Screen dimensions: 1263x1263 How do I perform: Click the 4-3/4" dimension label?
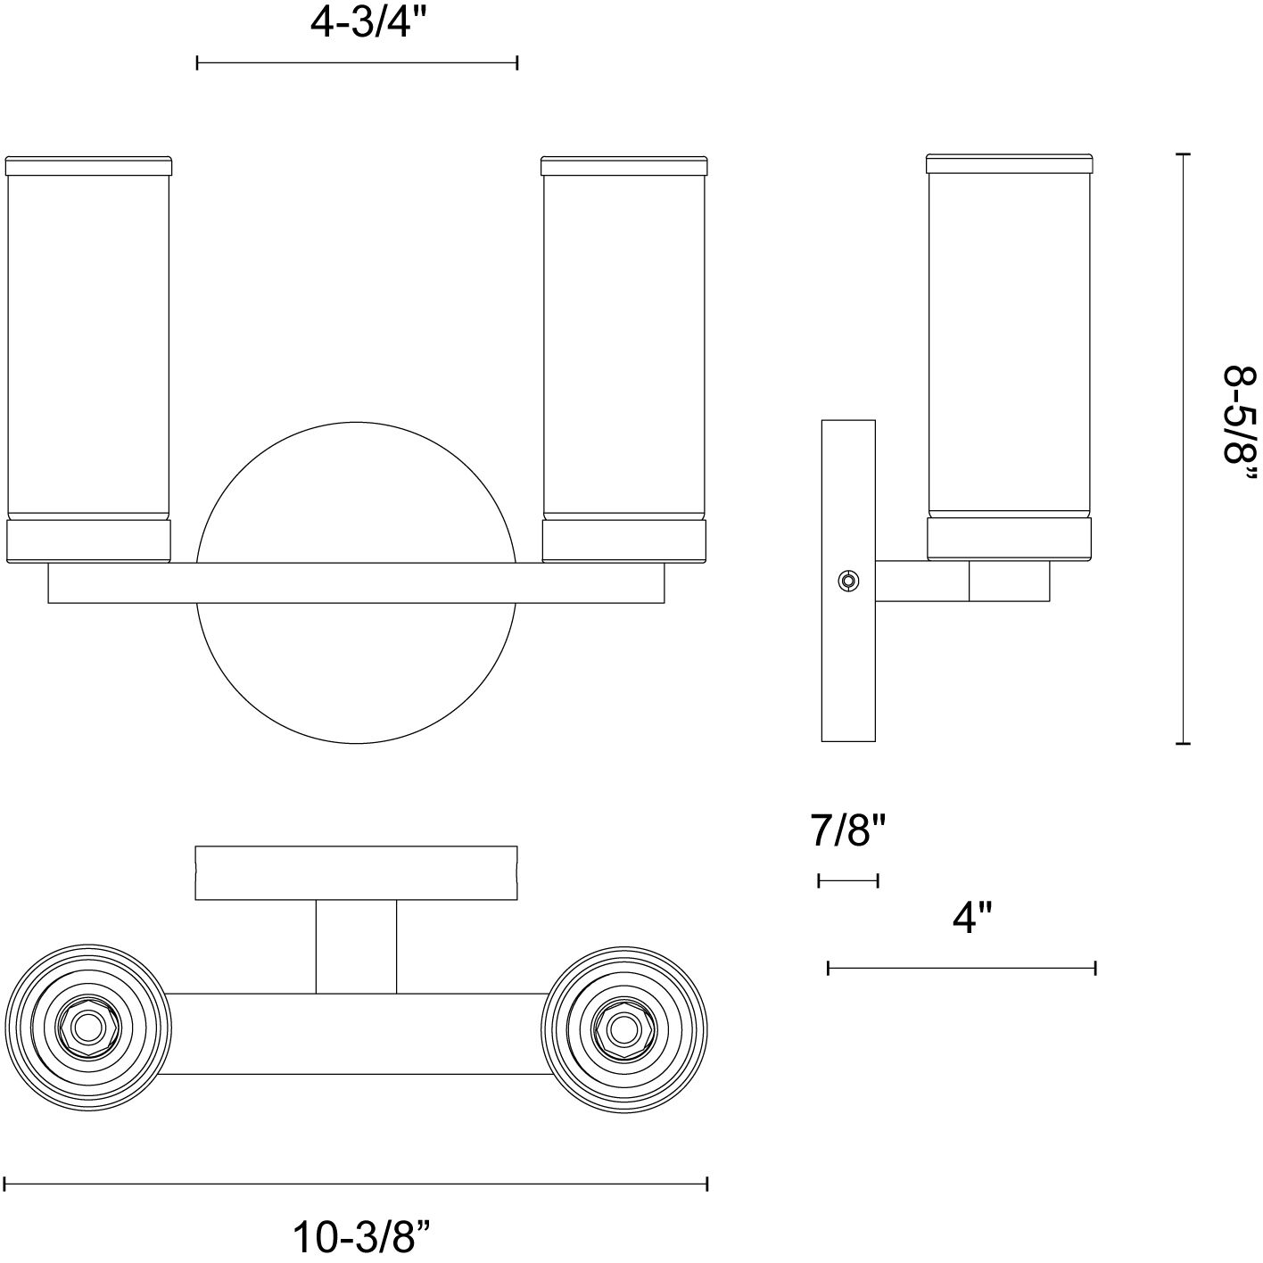(x=368, y=25)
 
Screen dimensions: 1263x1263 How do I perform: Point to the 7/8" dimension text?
(x=848, y=830)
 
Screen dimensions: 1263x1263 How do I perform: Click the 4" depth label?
(x=972, y=918)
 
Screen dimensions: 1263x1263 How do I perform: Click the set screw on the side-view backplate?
(x=849, y=581)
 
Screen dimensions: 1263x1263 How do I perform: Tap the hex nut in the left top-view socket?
(x=87, y=1028)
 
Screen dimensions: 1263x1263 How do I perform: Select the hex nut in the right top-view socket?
(x=624, y=1029)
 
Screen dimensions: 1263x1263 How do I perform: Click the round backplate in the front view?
(x=356, y=582)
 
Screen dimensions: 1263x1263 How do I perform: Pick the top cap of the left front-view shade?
(x=88, y=166)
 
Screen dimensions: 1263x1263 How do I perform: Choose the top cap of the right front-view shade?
(x=624, y=166)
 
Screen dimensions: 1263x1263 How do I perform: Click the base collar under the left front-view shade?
(x=88, y=541)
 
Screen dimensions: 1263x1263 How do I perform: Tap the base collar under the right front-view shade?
(x=624, y=541)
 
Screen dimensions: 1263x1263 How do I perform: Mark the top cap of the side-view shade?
(x=1010, y=164)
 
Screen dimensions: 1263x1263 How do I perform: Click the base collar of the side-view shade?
(x=1010, y=539)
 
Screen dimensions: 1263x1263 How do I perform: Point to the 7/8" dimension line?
(x=848, y=881)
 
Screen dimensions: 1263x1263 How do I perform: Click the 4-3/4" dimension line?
(x=357, y=63)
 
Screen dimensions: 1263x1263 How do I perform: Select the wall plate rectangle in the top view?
(x=357, y=873)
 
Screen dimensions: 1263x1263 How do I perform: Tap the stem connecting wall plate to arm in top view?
(x=356, y=947)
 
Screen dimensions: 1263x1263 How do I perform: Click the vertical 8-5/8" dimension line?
(x=1183, y=449)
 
